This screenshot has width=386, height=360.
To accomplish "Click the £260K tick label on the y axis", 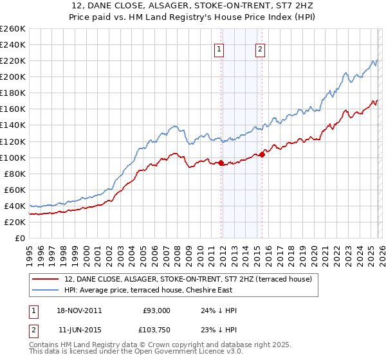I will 12,29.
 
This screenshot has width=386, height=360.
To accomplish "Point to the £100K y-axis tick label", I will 12,157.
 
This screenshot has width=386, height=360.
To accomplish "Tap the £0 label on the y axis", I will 19,238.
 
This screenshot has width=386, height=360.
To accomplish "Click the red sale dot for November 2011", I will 221,163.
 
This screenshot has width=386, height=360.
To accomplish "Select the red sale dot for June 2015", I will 262,154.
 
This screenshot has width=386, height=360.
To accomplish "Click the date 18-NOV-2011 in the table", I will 83,310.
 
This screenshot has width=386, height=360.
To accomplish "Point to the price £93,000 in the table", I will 156,310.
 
